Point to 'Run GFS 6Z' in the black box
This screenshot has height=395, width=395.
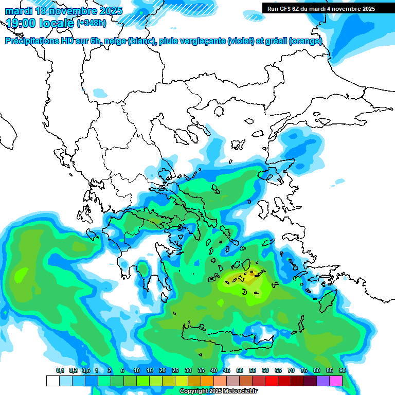[x=283, y=9]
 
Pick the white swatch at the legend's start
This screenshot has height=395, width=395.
[x=52, y=381]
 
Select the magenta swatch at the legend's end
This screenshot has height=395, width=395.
[x=335, y=381]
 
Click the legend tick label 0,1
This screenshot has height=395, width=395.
[x=60, y=371]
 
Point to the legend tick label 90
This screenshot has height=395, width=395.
[x=342, y=371]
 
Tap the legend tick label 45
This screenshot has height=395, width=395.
[x=227, y=371]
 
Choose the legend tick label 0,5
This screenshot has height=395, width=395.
[x=85, y=371]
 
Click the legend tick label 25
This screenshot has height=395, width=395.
[x=175, y=371]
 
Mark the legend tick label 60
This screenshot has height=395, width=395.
[x=265, y=371]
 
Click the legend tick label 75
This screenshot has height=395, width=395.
[x=304, y=371]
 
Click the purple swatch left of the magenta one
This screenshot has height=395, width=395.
[x=322, y=381]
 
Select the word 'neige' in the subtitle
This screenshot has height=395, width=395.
[x=115, y=41]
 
